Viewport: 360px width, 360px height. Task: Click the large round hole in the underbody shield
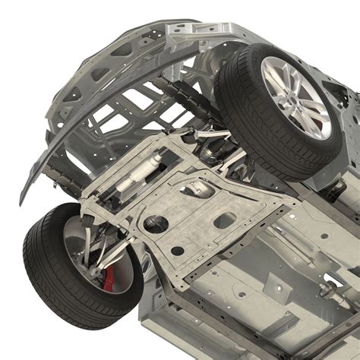[x=158, y=223]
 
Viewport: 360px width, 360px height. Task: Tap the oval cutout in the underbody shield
[x=226, y=220]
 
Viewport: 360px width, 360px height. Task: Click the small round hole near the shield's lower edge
[x=177, y=251]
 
